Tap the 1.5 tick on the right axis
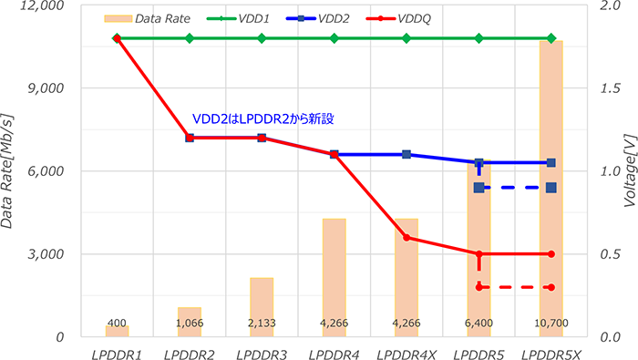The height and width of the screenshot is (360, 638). [613, 88]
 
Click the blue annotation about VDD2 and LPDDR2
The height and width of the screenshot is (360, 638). [265, 118]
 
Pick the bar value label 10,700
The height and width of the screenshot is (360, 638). [551, 324]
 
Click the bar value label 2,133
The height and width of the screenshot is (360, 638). [262, 324]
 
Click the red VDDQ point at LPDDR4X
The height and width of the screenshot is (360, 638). [406, 238]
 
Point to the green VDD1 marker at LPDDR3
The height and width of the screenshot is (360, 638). [262, 38]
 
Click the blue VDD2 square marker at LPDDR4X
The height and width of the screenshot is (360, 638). [406, 154]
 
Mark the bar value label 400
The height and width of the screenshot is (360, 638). [117, 324]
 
